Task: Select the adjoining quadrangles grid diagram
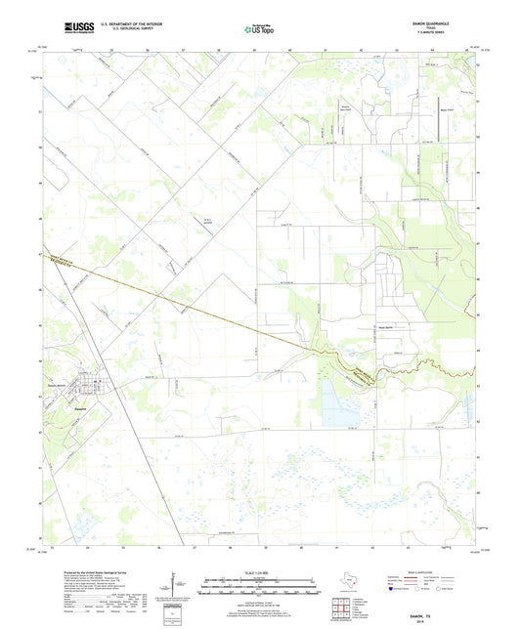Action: tap(343, 610)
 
